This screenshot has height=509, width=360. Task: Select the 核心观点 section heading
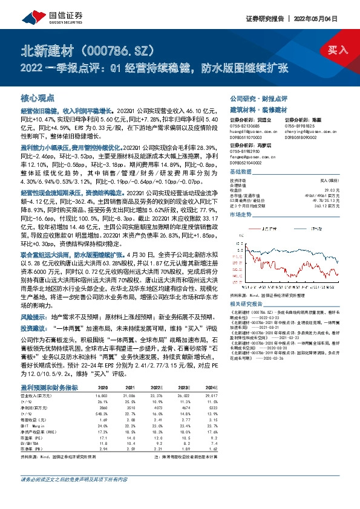(x=38, y=98)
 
